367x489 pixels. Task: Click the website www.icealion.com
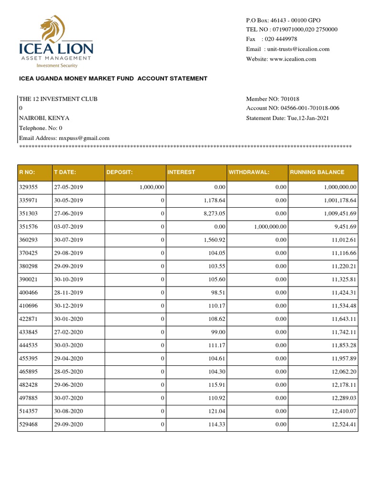pyautogui.click(x=293, y=59)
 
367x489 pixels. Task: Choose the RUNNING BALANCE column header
pyautogui.click(x=317, y=172)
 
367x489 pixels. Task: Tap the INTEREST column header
pyautogui.click(x=181, y=172)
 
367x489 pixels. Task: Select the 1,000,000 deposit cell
pyautogui.click(x=152, y=188)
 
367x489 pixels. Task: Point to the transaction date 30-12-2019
pyautogui.click(x=68, y=306)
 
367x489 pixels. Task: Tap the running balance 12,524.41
pyautogui.click(x=344, y=425)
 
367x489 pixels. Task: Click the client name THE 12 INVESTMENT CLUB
pyautogui.click(x=58, y=99)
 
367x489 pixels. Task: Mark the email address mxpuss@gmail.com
pyautogui.click(x=84, y=138)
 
